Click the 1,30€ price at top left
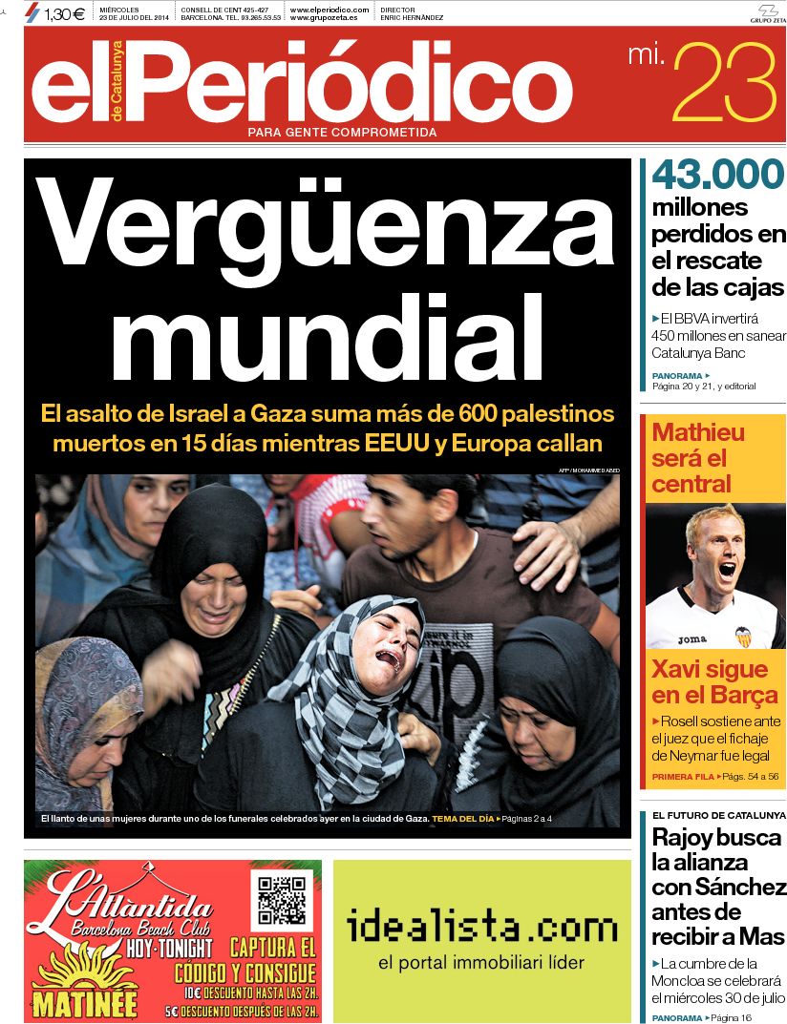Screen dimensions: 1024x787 [63, 13]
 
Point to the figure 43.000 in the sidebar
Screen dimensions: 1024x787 [718, 175]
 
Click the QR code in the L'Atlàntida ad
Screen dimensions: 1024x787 [281, 898]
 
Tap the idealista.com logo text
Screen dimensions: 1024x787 [481, 928]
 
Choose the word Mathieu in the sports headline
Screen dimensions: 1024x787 [698, 432]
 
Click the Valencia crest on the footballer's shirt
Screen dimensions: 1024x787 [743, 635]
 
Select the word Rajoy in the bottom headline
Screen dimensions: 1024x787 [689, 838]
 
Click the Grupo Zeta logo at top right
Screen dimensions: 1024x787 [767, 12]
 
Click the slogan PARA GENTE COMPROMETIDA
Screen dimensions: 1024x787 [342, 132]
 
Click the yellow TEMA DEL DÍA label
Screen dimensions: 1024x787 [463, 819]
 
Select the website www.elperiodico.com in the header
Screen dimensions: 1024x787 [329, 10]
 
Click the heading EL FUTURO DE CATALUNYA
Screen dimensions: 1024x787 [718, 816]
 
